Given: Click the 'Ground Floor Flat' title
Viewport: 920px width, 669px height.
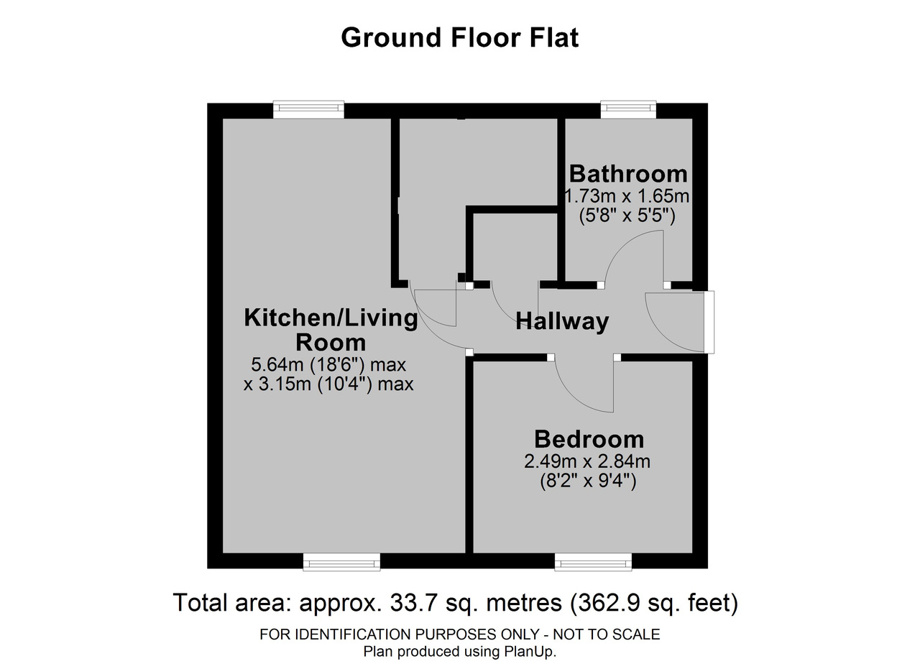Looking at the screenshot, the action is point(459,38).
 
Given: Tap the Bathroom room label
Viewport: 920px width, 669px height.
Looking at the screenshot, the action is point(628,174).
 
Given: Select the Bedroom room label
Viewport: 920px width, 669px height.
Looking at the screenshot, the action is point(589,440).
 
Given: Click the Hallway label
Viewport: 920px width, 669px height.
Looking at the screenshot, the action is point(562,321).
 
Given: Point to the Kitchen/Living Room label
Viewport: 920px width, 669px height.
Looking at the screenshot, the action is point(331,330).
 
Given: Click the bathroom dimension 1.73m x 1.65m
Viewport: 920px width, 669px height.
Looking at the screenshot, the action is point(627,196).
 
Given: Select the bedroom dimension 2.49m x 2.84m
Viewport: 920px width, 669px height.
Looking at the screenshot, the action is point(587,461).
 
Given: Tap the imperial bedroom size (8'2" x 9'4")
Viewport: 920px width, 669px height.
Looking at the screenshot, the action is point(588,481).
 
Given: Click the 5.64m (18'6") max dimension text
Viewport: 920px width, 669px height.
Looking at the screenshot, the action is point(328,365).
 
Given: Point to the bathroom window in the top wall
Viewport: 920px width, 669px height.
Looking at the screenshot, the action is point(628,110).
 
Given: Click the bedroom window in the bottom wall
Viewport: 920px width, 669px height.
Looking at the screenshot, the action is point(593,562).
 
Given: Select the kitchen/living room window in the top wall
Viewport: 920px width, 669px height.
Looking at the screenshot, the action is point(309,110).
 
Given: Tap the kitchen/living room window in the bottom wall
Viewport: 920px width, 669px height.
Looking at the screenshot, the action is point(341,562).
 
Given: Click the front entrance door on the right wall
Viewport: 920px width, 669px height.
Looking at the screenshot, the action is point(709,322).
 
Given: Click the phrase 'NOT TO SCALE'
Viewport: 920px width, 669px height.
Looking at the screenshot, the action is point(606,635).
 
